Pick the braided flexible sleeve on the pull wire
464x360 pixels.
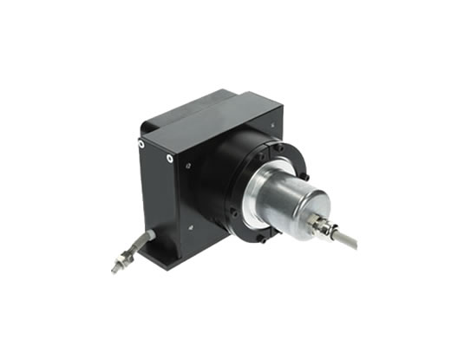coord(137,245)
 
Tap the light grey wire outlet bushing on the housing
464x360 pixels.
coord(150,233)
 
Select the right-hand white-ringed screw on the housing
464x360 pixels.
coord(169,159)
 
